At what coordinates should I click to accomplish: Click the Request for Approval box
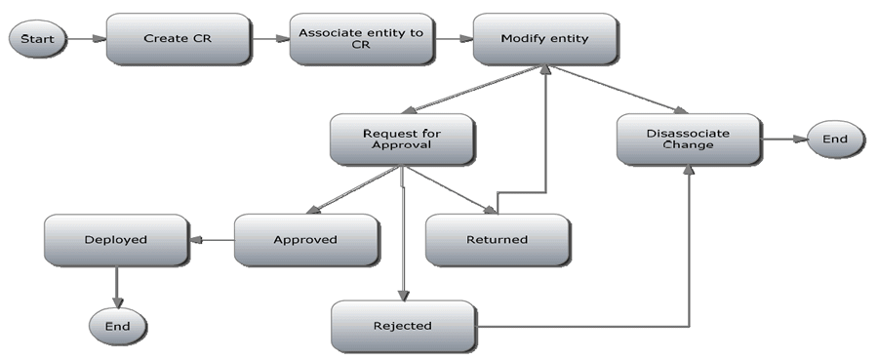coord(401,140)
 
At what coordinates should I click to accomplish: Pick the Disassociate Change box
coord(688,140)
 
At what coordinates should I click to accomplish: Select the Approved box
coord(304,239)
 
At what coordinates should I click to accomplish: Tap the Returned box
coord(497,239)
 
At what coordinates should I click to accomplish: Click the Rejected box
coord(402,326)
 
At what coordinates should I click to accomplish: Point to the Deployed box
coord(115,239)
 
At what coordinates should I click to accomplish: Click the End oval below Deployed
coord(117,325)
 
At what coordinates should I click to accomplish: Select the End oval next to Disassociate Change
coord(834,140)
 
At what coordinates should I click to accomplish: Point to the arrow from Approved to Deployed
coord(212,239)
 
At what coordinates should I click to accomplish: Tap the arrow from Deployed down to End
coord(117,286)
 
